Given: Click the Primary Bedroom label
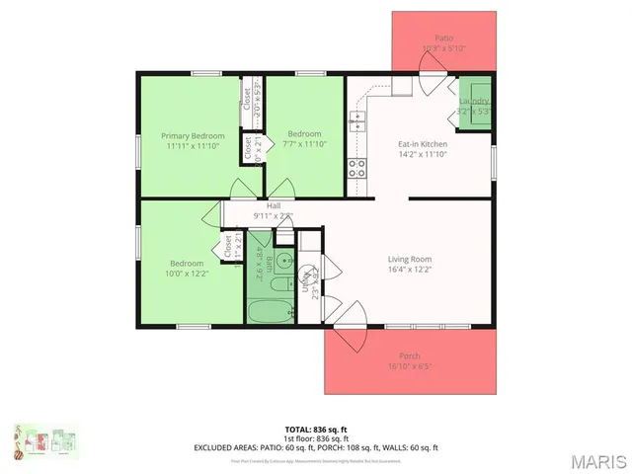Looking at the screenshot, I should (x=194, y=135).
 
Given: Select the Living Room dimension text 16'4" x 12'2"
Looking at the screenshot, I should (x=409, y=269).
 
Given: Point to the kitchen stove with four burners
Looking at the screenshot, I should (x=355, y=167).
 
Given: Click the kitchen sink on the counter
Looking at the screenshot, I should (x=355, y=122).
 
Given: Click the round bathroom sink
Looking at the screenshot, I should (x=283, y=262).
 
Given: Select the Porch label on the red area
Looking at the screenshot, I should (x=409, y=355).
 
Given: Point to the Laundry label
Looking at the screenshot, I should (x=474, y=102).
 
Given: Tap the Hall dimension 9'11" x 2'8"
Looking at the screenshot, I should (x=273, y=215).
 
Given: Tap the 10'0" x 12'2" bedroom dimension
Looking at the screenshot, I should (x=187, y=274).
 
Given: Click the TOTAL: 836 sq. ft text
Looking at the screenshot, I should (x=316, y=430).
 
